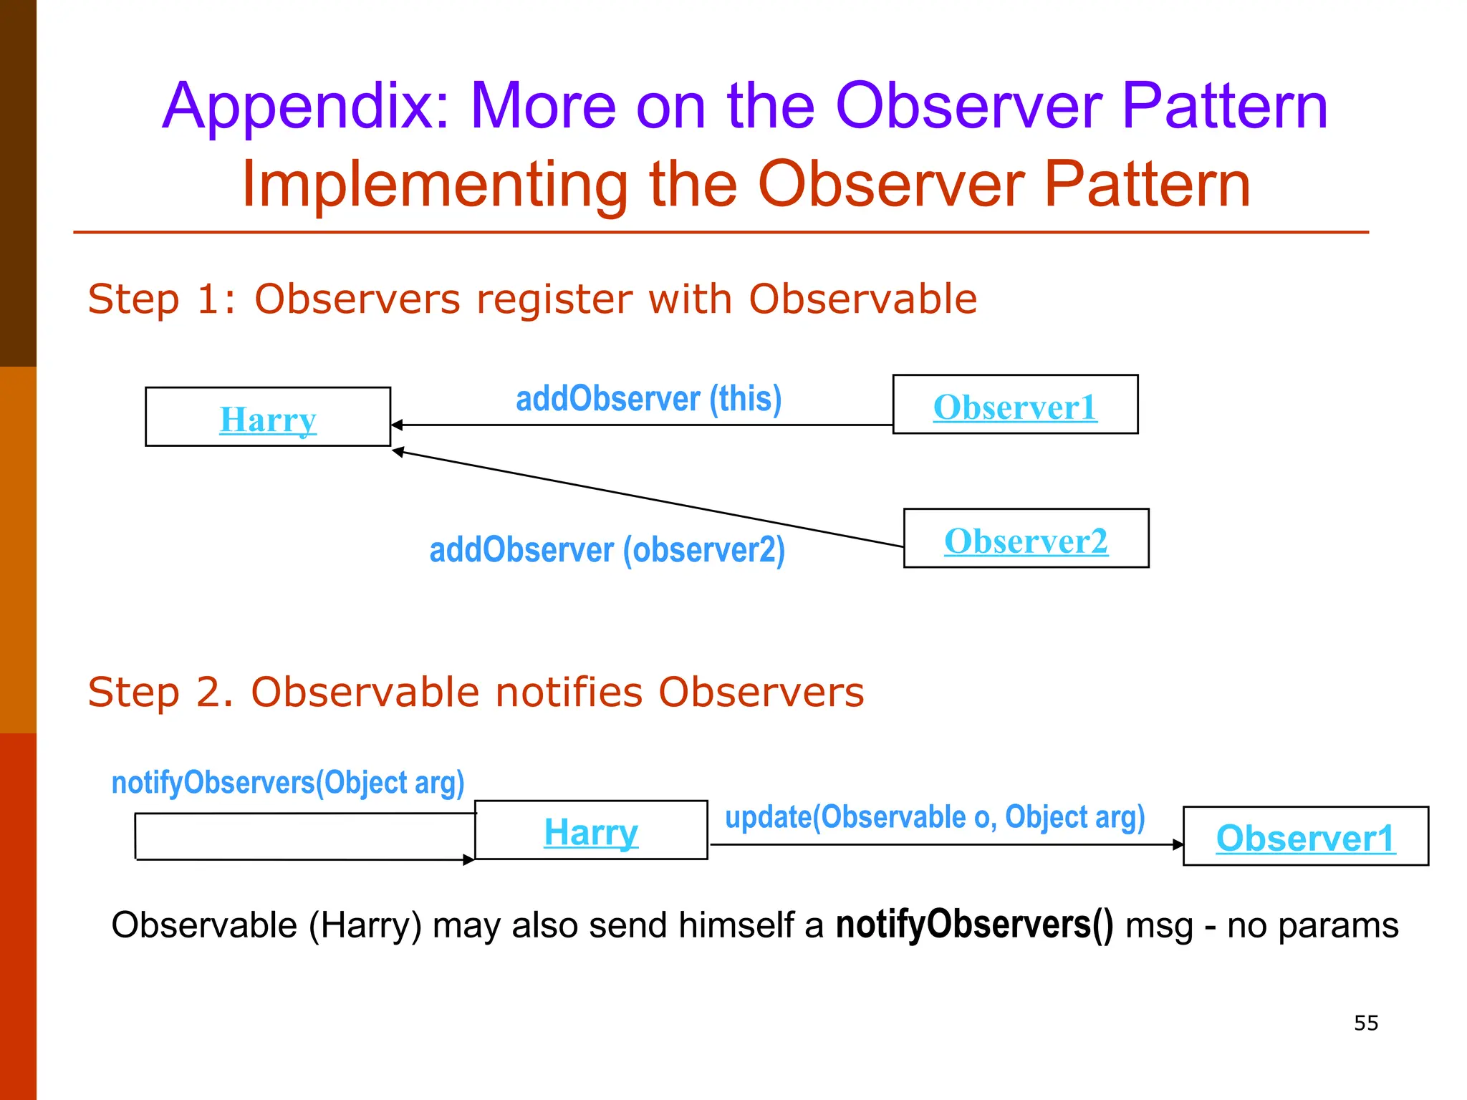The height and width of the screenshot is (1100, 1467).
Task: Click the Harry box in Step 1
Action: pyautogui.click(x=268, y=417)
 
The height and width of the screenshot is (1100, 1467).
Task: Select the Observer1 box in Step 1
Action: pyautogui.click(x=1015, y=405)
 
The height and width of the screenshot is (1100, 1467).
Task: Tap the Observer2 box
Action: pyautogui.click(x=1026, y=539)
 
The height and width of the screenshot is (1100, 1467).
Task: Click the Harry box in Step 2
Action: pyautogui.click(x=591, y=831)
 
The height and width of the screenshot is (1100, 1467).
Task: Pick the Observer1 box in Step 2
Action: pyautogui.click(x=1305, y=836)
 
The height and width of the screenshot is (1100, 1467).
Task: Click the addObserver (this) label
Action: pyautogui.click(x=648, y=399)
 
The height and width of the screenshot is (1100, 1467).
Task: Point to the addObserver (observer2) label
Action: pyautogui.click(x=607, y=550)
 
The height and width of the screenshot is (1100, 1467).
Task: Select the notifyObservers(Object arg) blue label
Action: pyautogui.click(x=288, y=782)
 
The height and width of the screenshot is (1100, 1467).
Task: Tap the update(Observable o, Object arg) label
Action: pyautogui.click(x=935, y=817)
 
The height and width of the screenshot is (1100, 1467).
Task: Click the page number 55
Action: pyautogui.click(x=1366, y=1023)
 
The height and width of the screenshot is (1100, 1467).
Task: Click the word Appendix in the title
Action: pyautogui.click(x=305, y=106)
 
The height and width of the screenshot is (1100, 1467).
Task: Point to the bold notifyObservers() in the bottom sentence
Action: pyautogui.click(x=974, y=925)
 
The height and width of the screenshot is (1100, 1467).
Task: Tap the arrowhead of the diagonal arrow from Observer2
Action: pyautogui.click(x=398, y=451)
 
